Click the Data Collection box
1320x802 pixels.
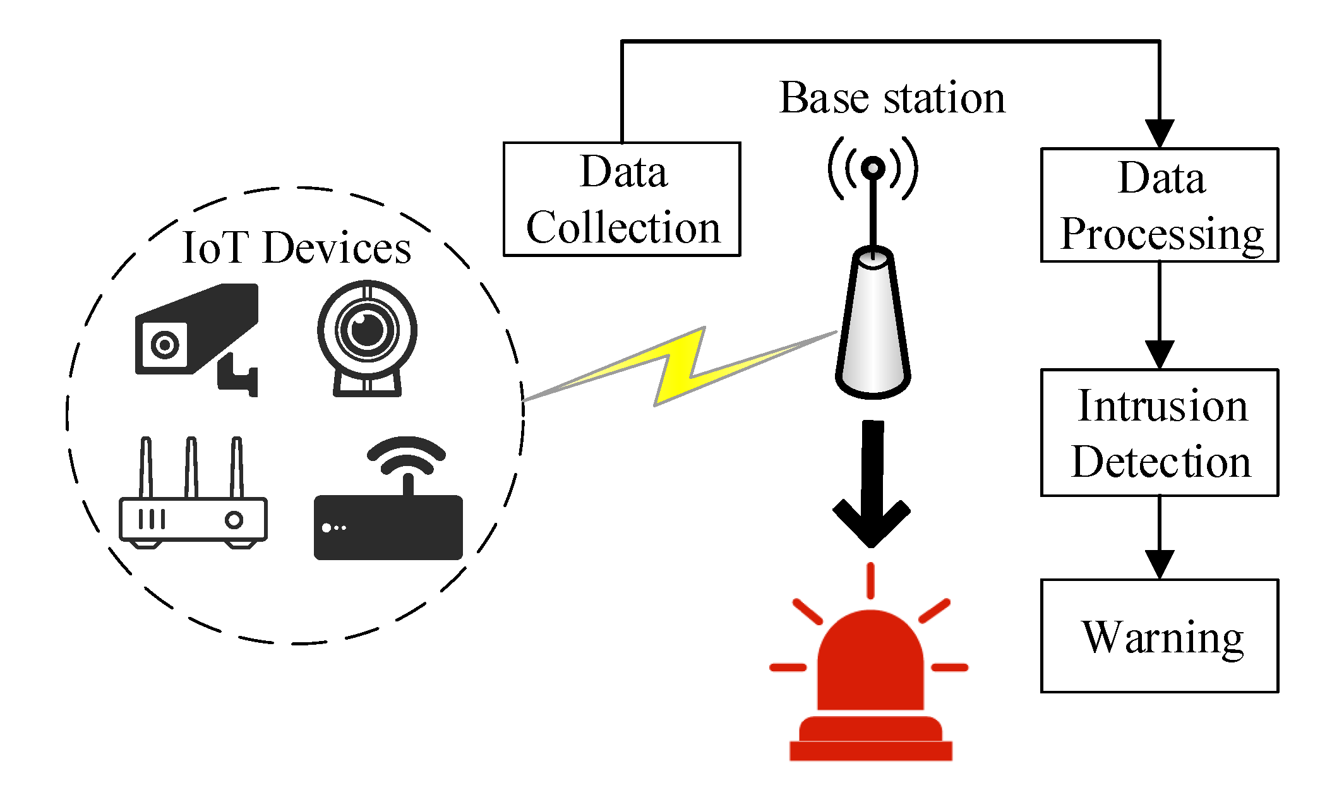point(621,199)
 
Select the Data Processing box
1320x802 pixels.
point(1159,205)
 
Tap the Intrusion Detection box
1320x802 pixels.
point(1159,433)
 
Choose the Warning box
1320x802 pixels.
point(1159,636)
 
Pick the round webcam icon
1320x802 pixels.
point(367,335)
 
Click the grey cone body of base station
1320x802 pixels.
point(873,328)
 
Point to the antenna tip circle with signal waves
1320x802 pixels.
point(873,168)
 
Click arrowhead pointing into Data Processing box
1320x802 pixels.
point(1159,134)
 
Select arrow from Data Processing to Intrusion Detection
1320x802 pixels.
point(1159,316)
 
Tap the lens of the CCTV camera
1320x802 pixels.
point(165,345)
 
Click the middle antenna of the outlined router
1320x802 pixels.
point(191,467)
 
